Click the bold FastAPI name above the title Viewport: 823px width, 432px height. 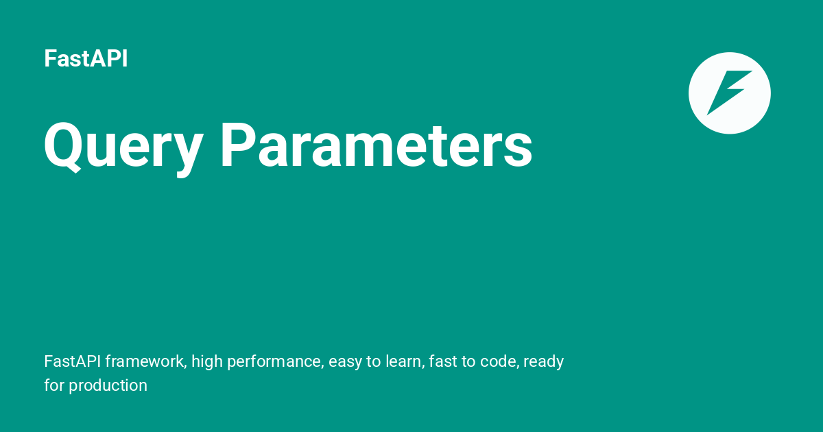click(86, 59)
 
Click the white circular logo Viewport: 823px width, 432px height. click(729, 93)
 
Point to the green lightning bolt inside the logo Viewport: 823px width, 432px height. click(728, 91)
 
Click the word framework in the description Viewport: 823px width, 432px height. click(144, 361)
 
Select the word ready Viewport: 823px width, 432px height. click(544, 361)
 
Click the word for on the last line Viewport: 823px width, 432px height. click(54, 385)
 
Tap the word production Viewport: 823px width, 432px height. click(108, 385)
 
